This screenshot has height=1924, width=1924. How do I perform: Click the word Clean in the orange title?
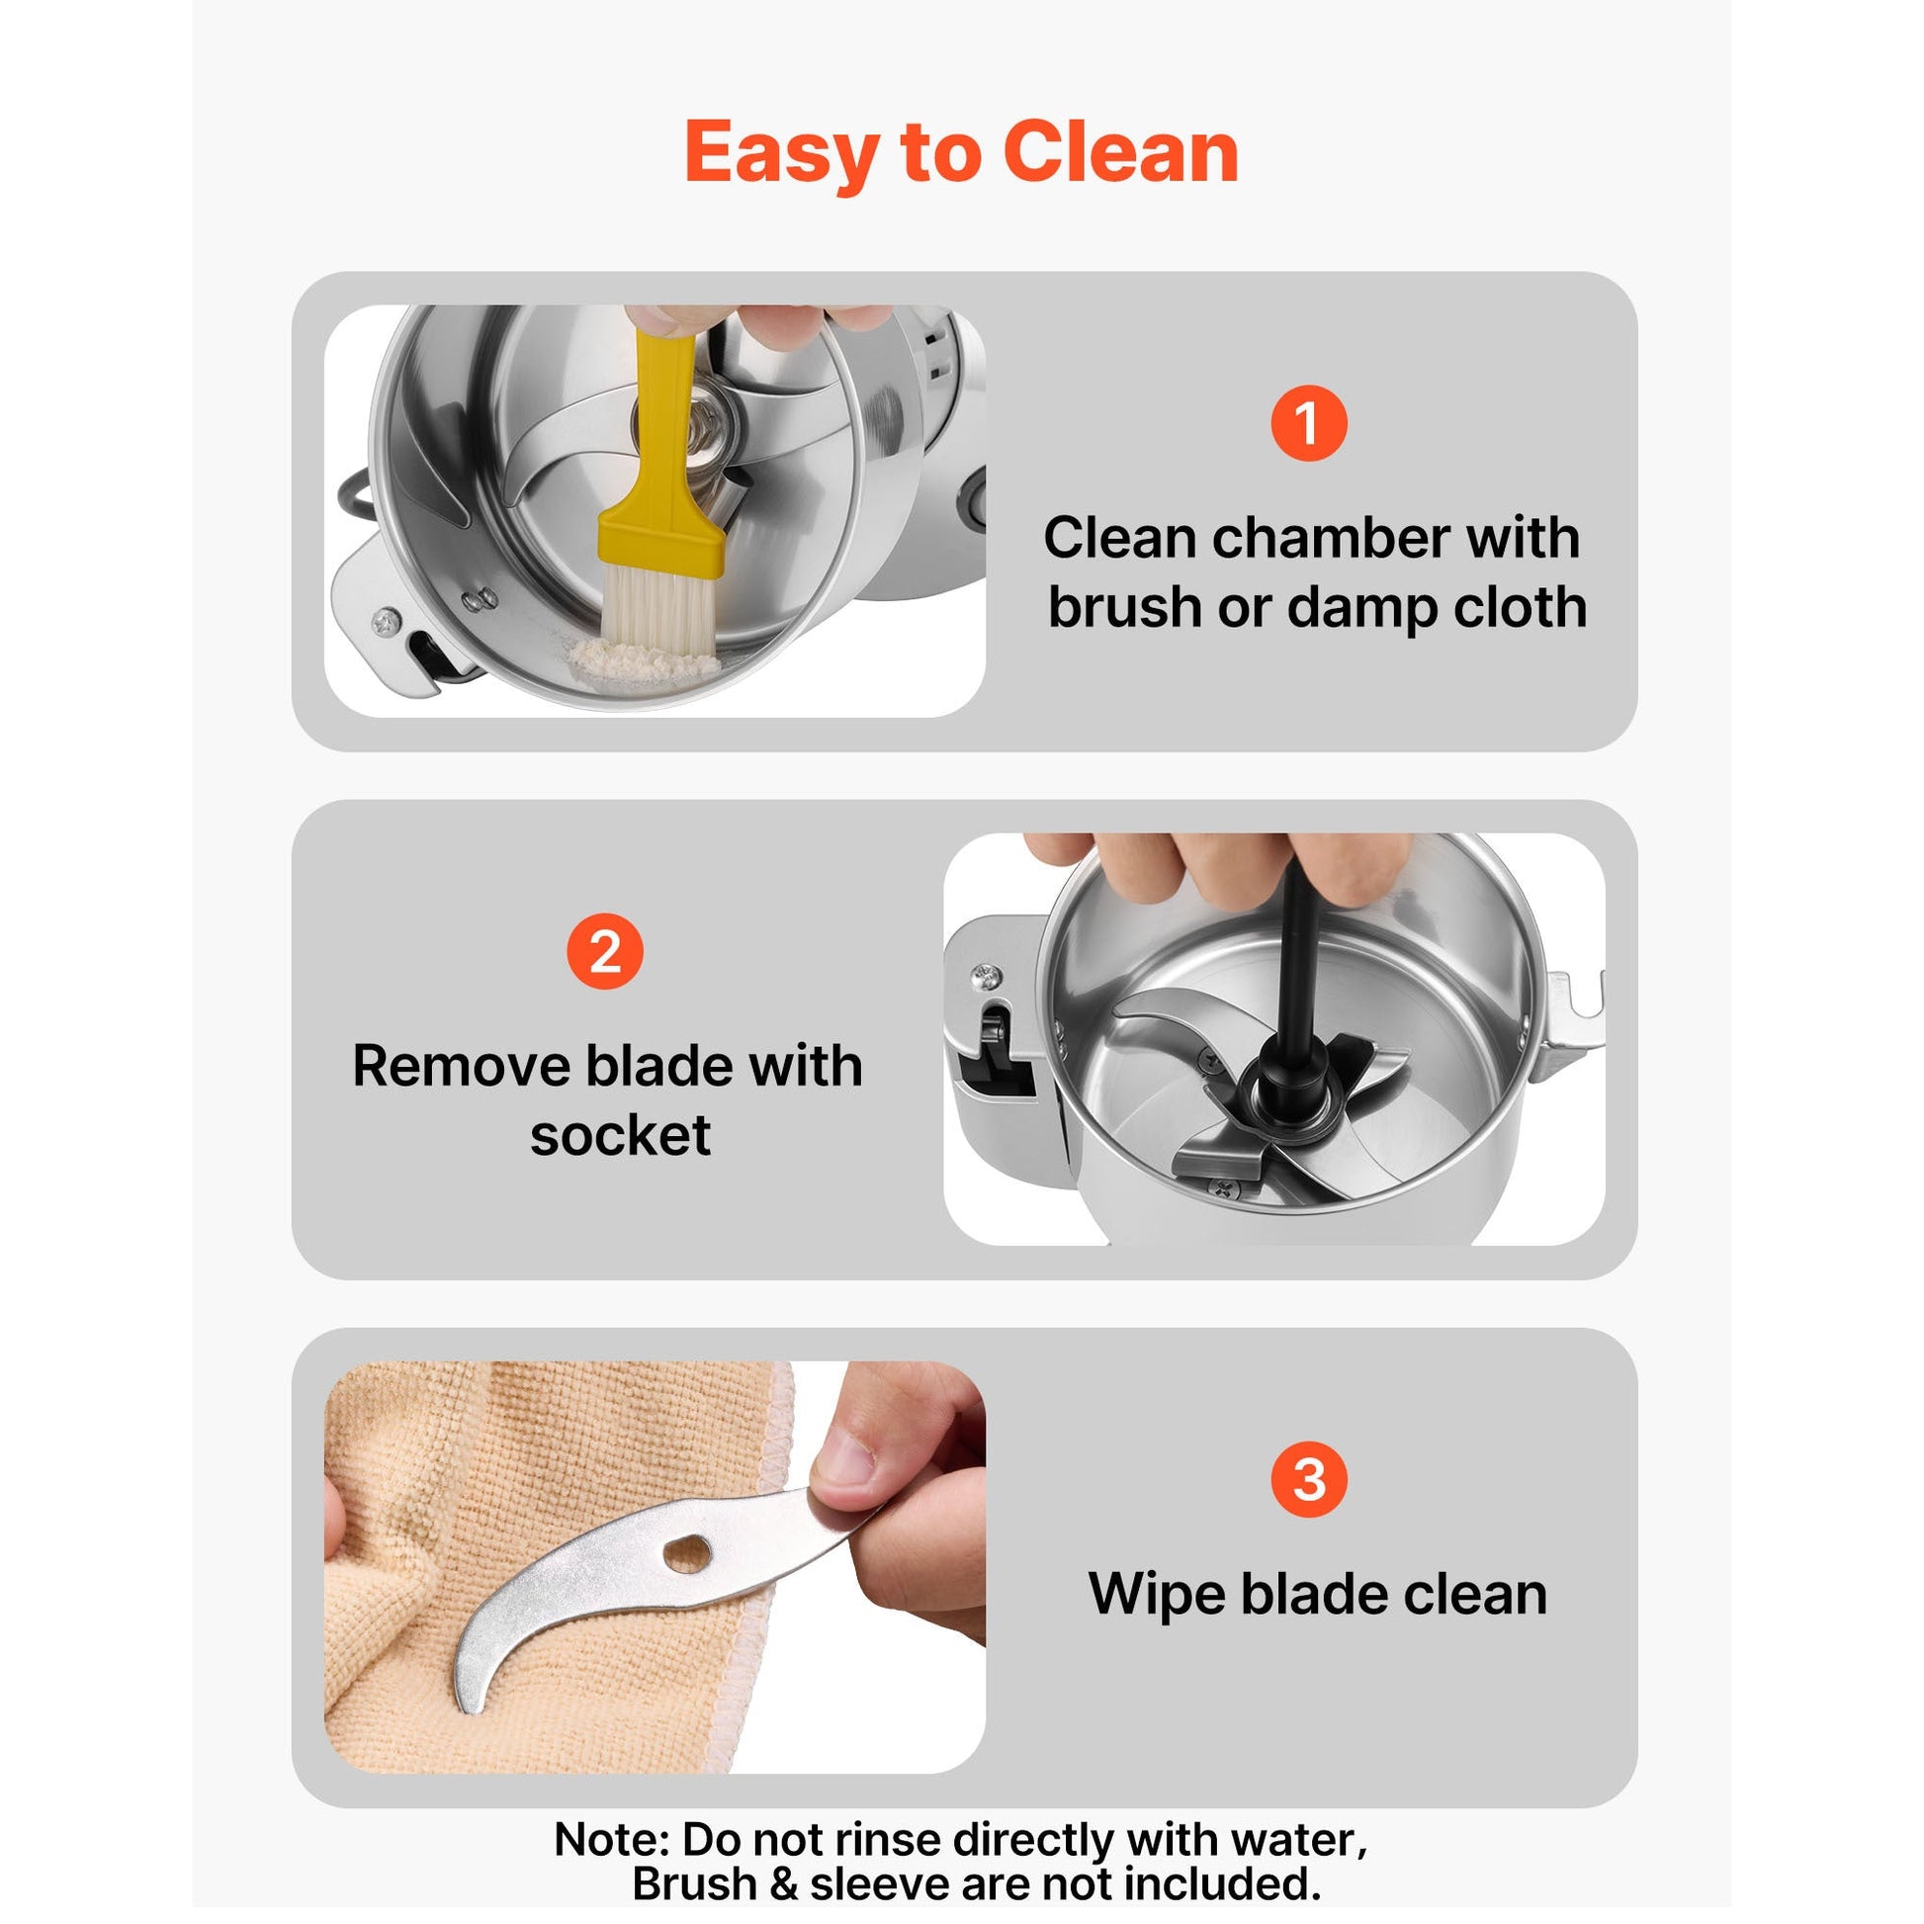tap(1120, 152)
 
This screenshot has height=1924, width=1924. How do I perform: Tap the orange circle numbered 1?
tap(1309, 423)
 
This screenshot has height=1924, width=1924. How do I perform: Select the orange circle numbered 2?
tap(604, 951)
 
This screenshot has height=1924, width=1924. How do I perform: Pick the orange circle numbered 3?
tap(1309, 1479)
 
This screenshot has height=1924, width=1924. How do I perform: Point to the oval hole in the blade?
tap(687, 1553)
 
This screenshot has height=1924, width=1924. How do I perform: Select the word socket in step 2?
tap(621, 1134)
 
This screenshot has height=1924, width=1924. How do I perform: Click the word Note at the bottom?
tap(610, 1839)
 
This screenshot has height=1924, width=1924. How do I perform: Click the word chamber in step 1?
tap(1332, 538)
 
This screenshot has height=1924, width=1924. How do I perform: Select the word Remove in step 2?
tap(462, 1066)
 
